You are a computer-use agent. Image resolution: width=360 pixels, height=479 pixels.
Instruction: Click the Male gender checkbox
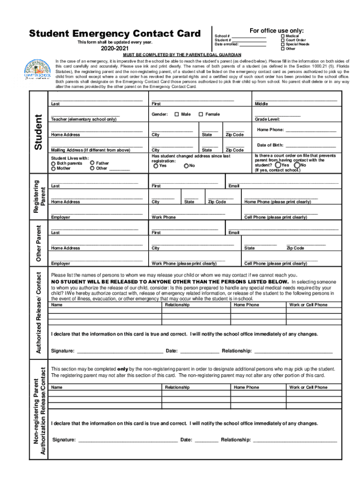pyautogui.click(x=176, y=115)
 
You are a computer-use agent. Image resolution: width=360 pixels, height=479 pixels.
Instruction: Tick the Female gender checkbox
pyautogui.click(x=201, y=115)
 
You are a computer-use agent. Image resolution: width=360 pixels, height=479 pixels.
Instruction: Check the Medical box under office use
pyautogui.click(x=282, y=36)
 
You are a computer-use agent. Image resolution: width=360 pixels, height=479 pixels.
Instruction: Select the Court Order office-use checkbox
pyautogui.click(x=282, y=40)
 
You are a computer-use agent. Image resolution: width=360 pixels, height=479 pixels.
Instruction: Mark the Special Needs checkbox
pyautogui.click(x=282, y=44)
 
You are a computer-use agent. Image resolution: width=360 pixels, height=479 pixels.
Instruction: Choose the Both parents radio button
pyautogui.click(x=54, y=163)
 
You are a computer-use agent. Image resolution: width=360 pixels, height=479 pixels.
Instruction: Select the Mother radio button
pyautogui.click(x=54, y=168)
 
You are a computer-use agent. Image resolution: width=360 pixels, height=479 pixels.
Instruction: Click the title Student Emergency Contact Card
pyautogui.click(x=115, y=34)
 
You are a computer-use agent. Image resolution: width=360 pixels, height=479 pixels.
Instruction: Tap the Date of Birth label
pyautogui.click(x=270, y=145)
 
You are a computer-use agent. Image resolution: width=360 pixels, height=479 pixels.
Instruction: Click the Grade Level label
pyautogui.click(x=267, y=119)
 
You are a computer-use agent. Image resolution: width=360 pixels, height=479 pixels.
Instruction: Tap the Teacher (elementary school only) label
pyautogui.click(x=84, y=119)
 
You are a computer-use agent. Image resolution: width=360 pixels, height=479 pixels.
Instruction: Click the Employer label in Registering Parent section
pyautogui.click(x=61, y=218)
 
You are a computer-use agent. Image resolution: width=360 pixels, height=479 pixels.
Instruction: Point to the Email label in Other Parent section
pyautogui.click(x=234, y=232)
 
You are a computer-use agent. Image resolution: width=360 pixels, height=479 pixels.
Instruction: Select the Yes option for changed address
pyautogui.click(x=156, y=166)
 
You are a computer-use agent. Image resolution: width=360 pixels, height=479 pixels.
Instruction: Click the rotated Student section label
pyautogui.click(x=40, y=133)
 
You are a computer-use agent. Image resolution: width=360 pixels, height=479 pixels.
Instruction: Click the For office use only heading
pyautogui.click(x=277, y=30)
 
